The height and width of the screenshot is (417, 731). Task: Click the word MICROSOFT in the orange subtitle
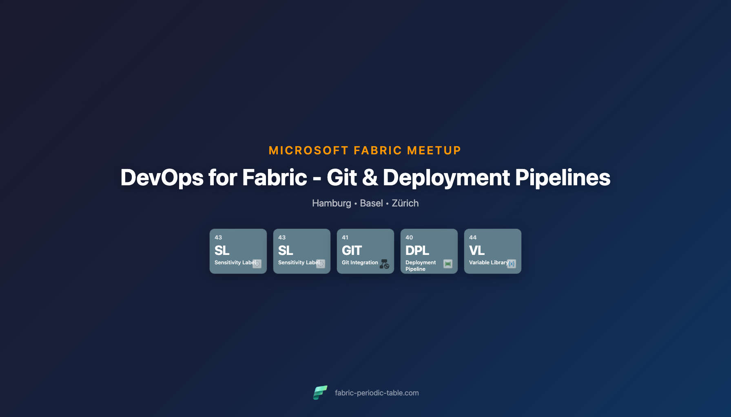[308, 151]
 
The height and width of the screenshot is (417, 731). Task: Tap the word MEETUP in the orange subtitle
[434, 151]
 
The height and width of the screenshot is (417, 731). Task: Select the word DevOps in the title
[162, 178]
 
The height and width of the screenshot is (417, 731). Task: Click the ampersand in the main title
[370, 178]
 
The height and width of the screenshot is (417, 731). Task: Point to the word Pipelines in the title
[563, 178]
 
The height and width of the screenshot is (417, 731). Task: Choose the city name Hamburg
[331, 203]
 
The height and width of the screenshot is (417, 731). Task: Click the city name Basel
[371, 203]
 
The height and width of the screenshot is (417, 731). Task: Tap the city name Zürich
[405, 203]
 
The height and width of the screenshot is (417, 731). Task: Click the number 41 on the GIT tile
[345, 237]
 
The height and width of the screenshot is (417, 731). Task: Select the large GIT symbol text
[352, 250]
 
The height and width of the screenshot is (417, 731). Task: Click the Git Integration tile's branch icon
[384, 264]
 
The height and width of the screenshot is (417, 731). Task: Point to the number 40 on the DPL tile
[409, 237]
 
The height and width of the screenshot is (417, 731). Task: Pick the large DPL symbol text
[417, 250]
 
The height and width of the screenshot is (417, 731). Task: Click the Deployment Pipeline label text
[420, 266]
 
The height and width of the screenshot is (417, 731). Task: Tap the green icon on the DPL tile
[448, 264]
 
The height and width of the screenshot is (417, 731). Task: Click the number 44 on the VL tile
[473, 237]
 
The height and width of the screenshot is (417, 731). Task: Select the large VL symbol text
[476, 250]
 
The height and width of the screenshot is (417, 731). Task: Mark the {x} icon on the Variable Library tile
[512, 264]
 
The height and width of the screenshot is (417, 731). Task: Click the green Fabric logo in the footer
[320, 393]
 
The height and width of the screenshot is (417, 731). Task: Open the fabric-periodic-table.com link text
[377, 393]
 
